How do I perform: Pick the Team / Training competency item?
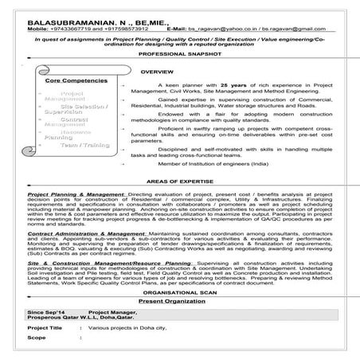[80, 145]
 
